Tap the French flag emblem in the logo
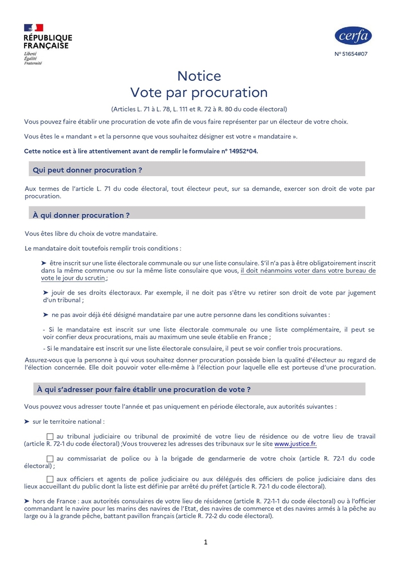point(33,28)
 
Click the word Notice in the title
point(199,76)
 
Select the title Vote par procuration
point(199,93)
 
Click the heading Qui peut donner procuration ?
point(88,170)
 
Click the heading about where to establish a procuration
point(143,389)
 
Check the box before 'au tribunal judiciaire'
point(50,436)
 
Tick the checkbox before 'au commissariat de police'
point(50,459)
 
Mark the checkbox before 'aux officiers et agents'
point(50,479)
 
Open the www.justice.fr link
point(295,444)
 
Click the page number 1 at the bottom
point(206,542)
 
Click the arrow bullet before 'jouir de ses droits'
point(45,293)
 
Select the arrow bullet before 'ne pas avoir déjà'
point(45,315)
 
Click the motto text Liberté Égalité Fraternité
point(32,58)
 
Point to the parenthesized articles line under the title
point(199,109)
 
